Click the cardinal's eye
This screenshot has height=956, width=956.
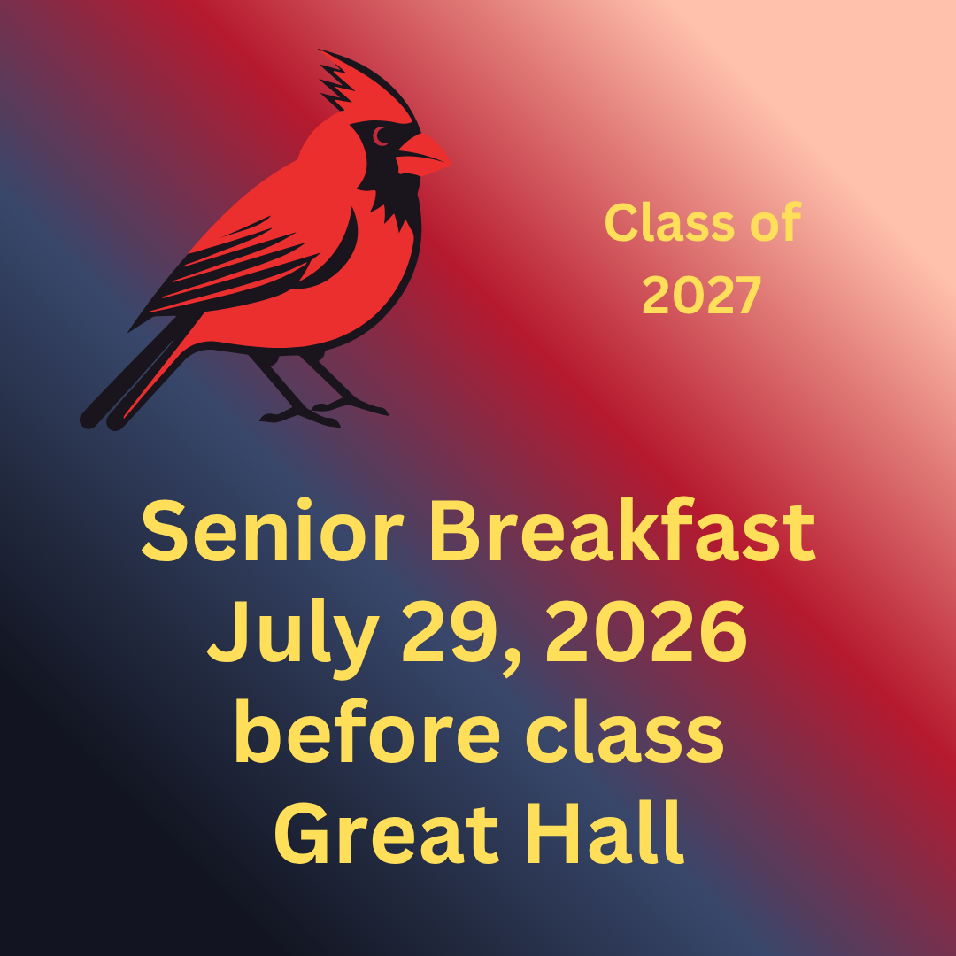381,136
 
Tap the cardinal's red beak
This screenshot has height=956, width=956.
424,156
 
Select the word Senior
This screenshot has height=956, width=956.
273,531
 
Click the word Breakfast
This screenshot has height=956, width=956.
622,530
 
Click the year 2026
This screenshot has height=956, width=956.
646,632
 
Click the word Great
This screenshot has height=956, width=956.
387,833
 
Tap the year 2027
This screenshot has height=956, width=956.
702,295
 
